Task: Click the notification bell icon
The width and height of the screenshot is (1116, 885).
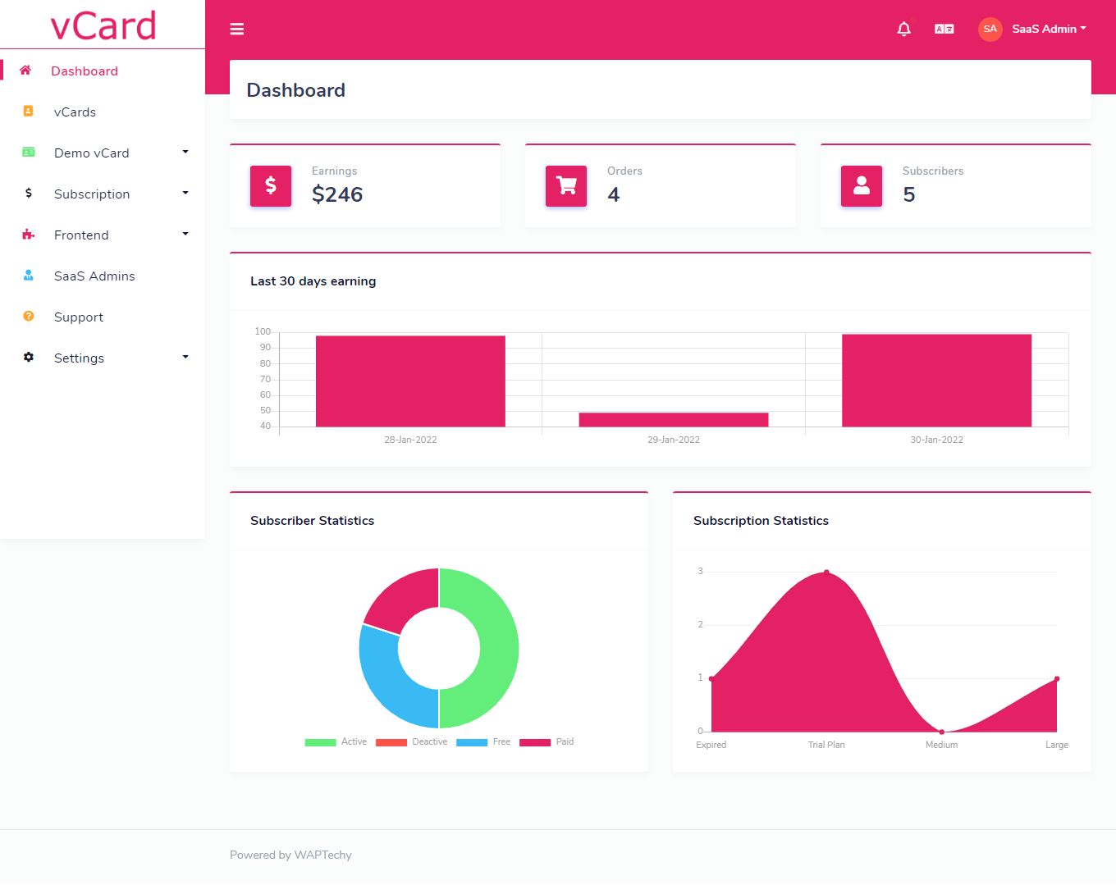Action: (903, 29)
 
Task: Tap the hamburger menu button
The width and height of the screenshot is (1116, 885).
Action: (237, 29)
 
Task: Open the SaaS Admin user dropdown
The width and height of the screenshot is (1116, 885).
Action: (1032, 29)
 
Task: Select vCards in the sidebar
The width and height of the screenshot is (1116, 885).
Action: (75, 112)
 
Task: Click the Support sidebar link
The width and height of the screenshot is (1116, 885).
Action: (78, 317)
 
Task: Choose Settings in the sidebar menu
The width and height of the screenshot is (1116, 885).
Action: (79, 358)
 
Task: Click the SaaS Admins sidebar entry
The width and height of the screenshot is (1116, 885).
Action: (94, 276)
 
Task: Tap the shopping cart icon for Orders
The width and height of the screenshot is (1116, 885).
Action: (565, 185)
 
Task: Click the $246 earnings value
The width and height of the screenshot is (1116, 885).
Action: (337, 194)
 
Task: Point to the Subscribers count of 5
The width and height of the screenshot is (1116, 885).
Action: (908, 194)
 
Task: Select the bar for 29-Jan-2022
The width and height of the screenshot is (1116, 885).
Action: (673, 419)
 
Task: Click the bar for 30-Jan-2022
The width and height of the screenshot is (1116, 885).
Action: (936, 381)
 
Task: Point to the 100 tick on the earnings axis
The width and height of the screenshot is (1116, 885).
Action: (263, 331)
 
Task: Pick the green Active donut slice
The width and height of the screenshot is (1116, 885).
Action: (492, 648)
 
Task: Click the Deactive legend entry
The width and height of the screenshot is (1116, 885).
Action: (411, 742)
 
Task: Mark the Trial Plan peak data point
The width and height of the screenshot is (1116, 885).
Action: (826, 573)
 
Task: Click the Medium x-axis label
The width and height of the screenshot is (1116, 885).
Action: (941, 745)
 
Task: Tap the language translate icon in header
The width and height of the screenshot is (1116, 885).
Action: (944, 29)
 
